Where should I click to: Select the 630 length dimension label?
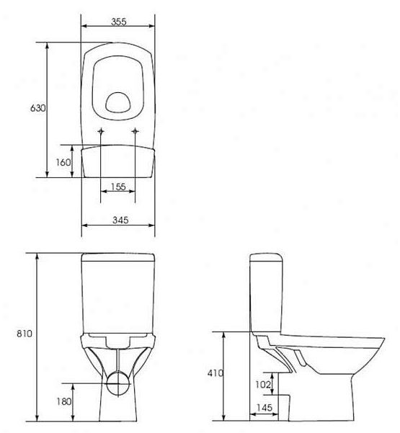pos(37,108)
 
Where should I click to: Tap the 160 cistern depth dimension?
pos(63,162)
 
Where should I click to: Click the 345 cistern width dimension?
pos(118,220)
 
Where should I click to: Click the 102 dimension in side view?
pos(263,385)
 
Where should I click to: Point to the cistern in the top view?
pos(118,161)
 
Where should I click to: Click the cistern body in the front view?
pos(118,295)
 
